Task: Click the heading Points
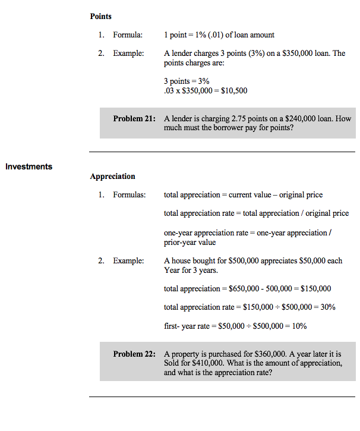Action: click(x=101, y=16)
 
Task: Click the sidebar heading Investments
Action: click(x=29, y=166)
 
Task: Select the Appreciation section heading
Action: click(x=112, y=176)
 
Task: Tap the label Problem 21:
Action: click(x=134, y=118)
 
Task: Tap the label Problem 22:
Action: click(x=134, y=354)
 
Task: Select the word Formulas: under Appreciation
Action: click(x=130, y=195)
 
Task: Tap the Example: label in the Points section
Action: click(x=129, y=54)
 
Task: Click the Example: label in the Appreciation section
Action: click(x=129, y=260)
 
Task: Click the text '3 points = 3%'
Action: click(x=187, y=81)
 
